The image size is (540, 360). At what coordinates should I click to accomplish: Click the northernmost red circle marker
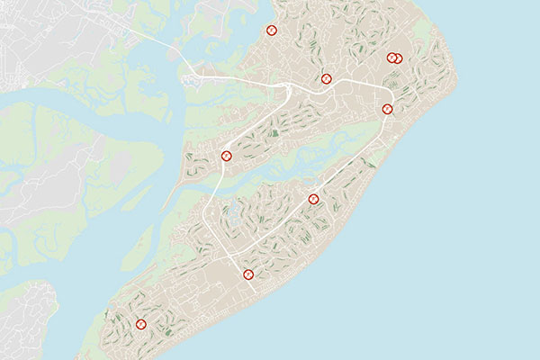[x=271, y=30]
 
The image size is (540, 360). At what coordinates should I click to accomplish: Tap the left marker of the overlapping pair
[x=391, y=58]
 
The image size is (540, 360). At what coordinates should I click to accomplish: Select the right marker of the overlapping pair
[x=398, y=58]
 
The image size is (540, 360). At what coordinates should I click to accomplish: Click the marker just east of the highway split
[x=327, y=78]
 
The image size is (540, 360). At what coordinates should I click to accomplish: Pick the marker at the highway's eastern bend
[x=388, y=109]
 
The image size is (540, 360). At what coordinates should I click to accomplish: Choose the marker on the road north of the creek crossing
[x=227, y=156]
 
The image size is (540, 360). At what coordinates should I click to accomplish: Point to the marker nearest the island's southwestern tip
[x=140, y=324]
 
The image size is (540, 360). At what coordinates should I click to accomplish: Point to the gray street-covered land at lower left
[x=22, y=319]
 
